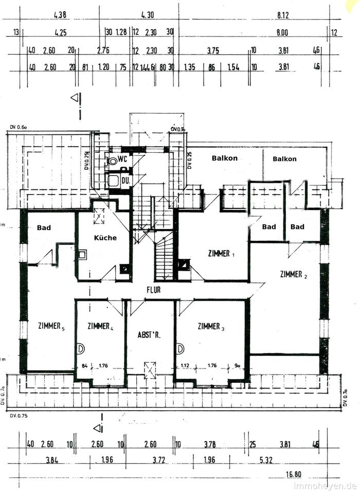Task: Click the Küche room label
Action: point(105,238)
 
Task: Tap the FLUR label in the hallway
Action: point(153,290)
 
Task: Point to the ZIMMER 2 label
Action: point(294,274)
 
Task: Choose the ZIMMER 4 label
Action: point(100,326)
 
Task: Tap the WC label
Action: point(122,159)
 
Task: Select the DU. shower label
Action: point(125,180)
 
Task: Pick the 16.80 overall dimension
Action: point(295,475)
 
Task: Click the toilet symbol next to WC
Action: point(112,161)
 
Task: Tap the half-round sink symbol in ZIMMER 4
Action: point(81,348)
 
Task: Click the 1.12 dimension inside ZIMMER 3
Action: point(185,366)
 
